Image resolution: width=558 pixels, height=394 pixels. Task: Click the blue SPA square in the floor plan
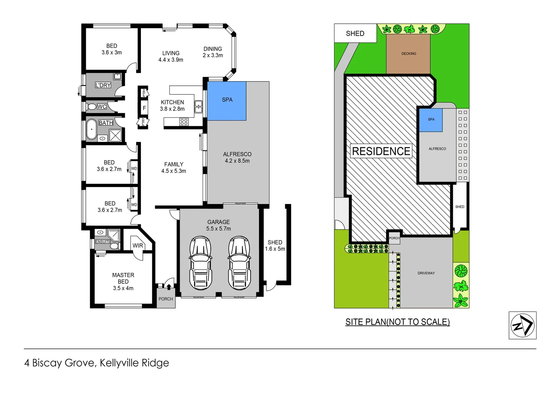tap(227, 101)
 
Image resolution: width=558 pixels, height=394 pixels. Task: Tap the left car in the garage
tap(200, 263)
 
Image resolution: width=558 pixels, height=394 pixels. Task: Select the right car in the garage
tap(239, 263)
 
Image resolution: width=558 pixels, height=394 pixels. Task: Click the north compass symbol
tap(522, 325)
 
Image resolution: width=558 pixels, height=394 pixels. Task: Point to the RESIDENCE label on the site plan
tap(381, 151)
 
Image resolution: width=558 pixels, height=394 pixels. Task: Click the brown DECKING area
tap(408, 54)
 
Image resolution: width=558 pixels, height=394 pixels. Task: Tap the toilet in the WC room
tap(92, 107)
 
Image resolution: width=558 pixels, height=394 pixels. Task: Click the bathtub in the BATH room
tap(91, 130)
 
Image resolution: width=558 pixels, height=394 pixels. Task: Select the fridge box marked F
tap(144, 108)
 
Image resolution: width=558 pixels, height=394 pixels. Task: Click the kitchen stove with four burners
tap(184, 122)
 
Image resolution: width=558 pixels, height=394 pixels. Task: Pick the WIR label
tap(138, 246)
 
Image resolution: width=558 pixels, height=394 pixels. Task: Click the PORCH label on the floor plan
tap(166, 299)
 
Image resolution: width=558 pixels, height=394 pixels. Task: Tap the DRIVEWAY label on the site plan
tap(426, 273)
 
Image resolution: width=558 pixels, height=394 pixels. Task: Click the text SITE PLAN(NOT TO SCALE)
tap(397, 322)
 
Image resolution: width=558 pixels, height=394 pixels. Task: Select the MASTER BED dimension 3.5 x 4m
tap(123, 288)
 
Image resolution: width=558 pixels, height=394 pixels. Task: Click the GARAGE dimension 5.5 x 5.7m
tap(218, 229)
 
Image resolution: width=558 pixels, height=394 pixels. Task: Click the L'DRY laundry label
tap(103, 85)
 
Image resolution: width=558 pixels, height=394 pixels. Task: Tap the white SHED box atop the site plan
tap(355, 34)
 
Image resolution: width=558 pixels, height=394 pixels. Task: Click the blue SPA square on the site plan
tap(431, 120)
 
